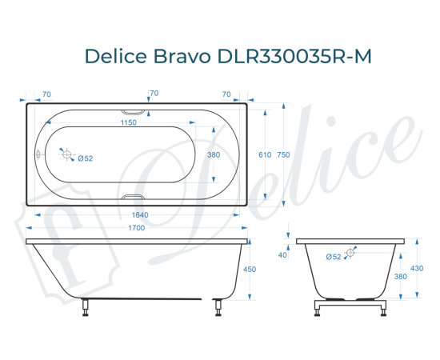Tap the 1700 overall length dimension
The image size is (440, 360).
pos(136,229)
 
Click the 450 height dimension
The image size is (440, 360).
pos(249,270)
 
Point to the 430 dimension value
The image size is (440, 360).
pos(416,269)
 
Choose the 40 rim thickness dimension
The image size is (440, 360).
pos(282,255)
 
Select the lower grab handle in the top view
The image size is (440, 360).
pos(134,198)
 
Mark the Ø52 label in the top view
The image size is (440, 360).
pos(86,158)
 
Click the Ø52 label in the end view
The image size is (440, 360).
pos(334,256)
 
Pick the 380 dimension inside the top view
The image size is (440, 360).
pos(214,155)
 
